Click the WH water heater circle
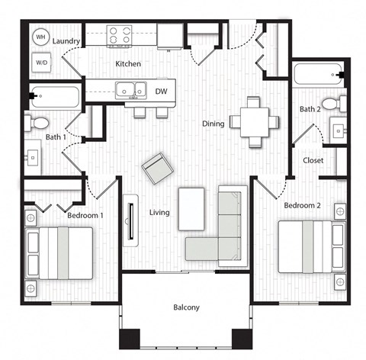pyautogui.click(x=41, y=37)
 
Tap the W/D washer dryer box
pyautogui.click(x=41, y=63)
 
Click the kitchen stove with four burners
pyautogui.click(x=119, y=35)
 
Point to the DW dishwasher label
pyautogui.click(x=161, y=91)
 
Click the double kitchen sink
pyautogui.click(x=130, y=90)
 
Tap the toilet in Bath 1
pyautogui.click(x=38, y=123)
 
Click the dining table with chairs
pyautogui.click(x=253, y=120)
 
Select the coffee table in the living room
pyautogui.click(x=191, y=208)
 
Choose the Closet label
pyautogui.click(x=313, y=160)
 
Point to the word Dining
pyautogui.click(x=213, y=124)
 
